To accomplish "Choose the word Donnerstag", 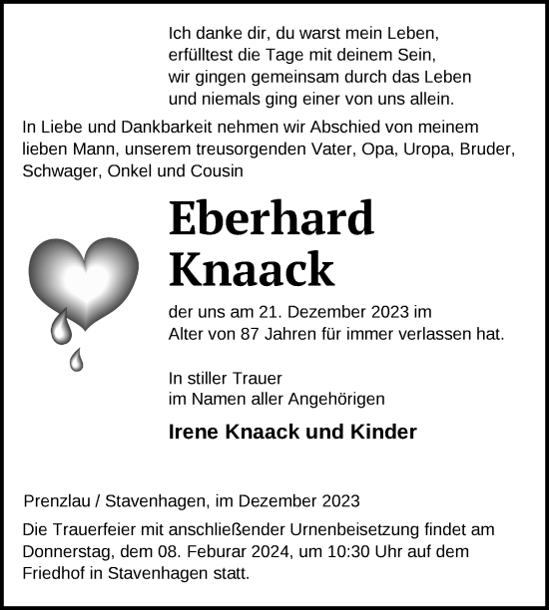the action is [66, 552].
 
